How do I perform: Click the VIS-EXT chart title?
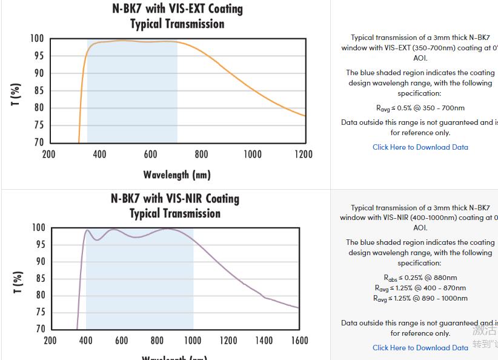pos(177,16)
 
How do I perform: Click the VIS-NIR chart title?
pos(175,206)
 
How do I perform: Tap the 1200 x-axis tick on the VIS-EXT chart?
pos(304,155)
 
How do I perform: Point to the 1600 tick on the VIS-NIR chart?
pos(299,341)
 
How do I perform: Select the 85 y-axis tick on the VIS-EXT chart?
pos(38,91)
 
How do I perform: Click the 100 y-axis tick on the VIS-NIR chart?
pos(39,228)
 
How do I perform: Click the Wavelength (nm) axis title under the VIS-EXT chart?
pos(177,175)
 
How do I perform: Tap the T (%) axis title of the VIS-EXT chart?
pos(16,94)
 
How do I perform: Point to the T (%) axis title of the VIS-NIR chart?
pos(18,282)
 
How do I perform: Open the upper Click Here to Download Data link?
pos(420,147)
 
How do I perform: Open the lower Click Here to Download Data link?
pos(420,348)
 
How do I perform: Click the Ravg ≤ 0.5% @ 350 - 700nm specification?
pos(420,108)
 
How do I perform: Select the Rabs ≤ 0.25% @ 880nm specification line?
pos(420,278)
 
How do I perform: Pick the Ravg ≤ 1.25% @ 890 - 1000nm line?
pos(420,298)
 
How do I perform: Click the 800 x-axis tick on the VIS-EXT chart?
pos(202,155)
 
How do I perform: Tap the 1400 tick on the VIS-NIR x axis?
pos(264,341)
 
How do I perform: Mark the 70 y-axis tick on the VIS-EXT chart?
pos(38,142)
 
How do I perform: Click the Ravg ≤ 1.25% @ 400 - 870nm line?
pos(420,288)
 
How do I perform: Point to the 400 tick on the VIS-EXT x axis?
pos(100,155)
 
